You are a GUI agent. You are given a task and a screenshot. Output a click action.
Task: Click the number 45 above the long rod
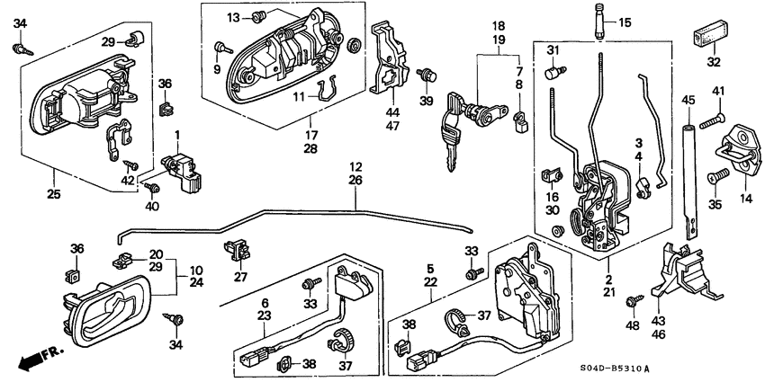tap(688, 100)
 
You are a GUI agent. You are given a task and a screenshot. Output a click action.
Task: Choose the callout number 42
tap(128, 180)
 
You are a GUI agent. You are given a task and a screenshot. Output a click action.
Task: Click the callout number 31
tap(554, 49)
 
